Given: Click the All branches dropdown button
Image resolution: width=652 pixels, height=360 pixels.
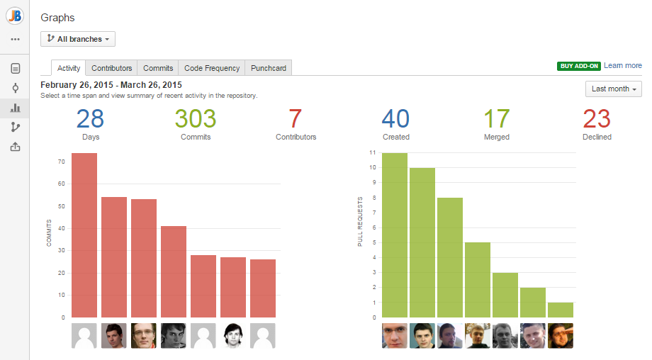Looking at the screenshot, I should tap(78, 39).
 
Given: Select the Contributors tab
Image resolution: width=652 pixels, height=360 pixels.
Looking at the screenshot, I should tap(111, 68).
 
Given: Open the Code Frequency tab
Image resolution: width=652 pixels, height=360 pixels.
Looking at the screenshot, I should tap(211, 68).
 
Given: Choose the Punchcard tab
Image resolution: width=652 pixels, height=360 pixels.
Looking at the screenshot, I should tap(269, 68).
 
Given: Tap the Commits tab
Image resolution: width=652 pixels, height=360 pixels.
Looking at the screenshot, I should tap(158, 68).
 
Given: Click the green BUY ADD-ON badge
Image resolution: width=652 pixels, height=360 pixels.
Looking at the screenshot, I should tap(578, 66).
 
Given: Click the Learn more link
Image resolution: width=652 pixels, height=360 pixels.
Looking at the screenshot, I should tap(623, 65).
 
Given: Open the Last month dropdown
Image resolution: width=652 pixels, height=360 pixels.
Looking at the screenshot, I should tap(614, 89).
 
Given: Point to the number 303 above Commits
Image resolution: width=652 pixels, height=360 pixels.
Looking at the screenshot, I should tap(196, 118).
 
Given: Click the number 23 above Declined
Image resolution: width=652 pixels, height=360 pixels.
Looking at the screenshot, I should tap(597, 118).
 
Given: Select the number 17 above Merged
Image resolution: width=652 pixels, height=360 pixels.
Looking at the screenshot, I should tap(496, 118).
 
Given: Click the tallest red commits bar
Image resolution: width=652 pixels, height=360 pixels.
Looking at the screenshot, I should tap(84, 235).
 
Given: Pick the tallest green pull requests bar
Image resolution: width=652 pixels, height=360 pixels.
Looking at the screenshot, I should tap(395, 235).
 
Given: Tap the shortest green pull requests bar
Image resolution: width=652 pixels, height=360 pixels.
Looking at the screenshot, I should tap(561, 310).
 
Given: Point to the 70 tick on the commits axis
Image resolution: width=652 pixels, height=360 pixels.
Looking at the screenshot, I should tap(61, 162).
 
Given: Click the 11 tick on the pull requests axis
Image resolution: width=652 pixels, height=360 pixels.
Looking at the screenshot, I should tap(372, 152).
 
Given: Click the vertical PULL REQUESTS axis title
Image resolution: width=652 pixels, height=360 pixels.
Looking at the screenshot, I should tap(360, 221).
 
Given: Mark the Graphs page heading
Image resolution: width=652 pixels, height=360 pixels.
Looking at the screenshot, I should tap(57, 17).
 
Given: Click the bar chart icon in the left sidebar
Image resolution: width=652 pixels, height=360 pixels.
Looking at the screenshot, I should tap(15, 108).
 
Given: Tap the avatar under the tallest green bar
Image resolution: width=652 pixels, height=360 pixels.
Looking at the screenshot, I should tap(395, 336).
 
